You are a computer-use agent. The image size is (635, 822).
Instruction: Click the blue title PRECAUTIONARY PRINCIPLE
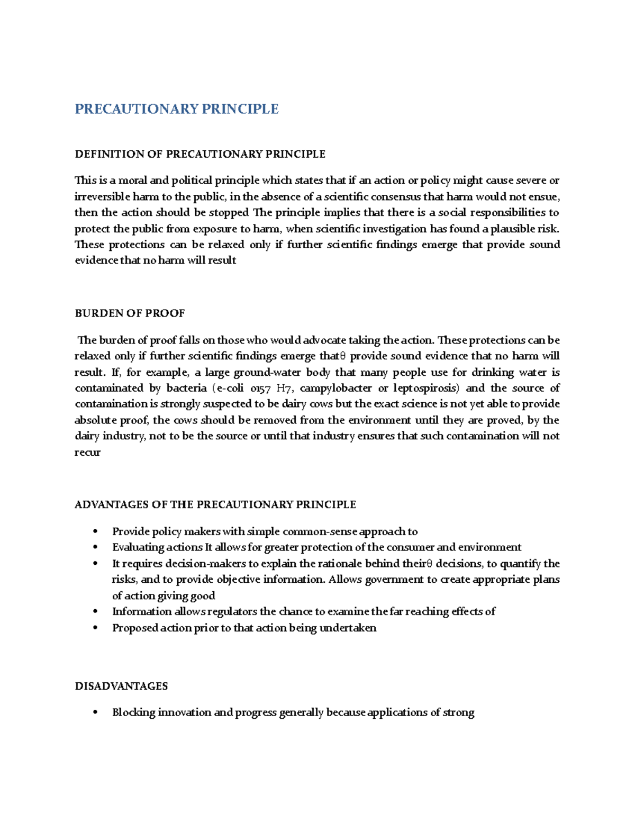[176, 109]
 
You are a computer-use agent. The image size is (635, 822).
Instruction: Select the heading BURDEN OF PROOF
[130, 313]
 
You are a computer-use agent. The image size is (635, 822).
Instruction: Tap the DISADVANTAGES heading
[121, 686]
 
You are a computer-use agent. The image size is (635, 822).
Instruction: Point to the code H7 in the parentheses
[284, 388]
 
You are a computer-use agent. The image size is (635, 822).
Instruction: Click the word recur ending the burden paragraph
[87, 453]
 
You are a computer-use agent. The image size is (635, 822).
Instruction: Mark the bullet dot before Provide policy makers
[95, 531]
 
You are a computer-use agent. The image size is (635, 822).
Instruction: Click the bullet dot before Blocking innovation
[95, 712]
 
